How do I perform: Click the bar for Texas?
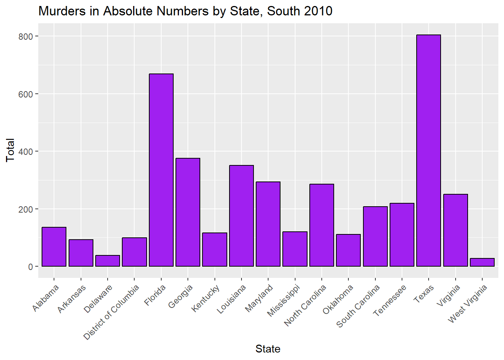pyautogui.click(x=429, y=150)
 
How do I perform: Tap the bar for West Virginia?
pyautogui.click(x=482, y=262)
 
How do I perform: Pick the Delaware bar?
pyautogui.click(x=108, y=261)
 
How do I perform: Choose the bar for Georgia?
pyautogui.click(x=188, y=212)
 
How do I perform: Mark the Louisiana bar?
pyautogui.click(x=241, y=216)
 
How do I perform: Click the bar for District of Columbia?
pyautogui.click(x=134, y=252)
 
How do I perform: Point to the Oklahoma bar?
pyautogui.click(x=348, y=250)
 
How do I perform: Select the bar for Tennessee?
pyautogui.click(x=402, y=235)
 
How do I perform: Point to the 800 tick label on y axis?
pyautogui.click(x=26, y=36)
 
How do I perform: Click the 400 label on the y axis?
pyautogui.click(x=26, y=151)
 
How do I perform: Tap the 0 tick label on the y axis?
pyautogui.click(x=31, y=267)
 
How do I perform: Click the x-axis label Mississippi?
pyautogui.click(x=283, y=300)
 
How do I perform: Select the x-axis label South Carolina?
pyautogui.click(x=358, y=306)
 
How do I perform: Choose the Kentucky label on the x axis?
pyautogui.click(x=205, y=298)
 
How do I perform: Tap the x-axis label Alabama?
pyautogui.click(x=46, y=298)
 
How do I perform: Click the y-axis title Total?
pyautogui.click(x=10, y=150)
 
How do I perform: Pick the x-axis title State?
pyautogui.click(x=268, y=349)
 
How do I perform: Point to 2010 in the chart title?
pyautogui.click(x=319, y=11)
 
